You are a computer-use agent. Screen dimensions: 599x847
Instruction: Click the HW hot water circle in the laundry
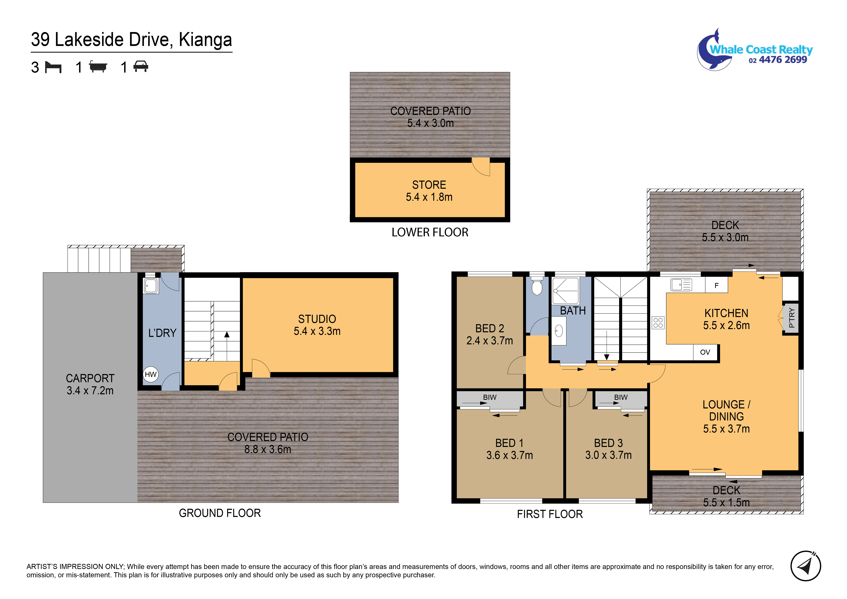click(151, 375)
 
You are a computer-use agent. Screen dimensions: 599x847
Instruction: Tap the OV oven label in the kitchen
click(705, 352)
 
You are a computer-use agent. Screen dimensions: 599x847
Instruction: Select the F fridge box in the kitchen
click(716, 286)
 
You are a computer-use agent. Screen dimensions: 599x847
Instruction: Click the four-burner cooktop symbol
click(658, 322)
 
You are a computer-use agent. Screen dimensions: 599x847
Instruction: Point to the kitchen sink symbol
click(681, 285)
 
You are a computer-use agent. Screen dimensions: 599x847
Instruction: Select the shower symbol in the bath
click(565, 291)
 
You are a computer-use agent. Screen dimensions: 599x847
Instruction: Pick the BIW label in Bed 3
click(621, 397)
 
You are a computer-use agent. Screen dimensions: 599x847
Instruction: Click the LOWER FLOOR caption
click(430, 232)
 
